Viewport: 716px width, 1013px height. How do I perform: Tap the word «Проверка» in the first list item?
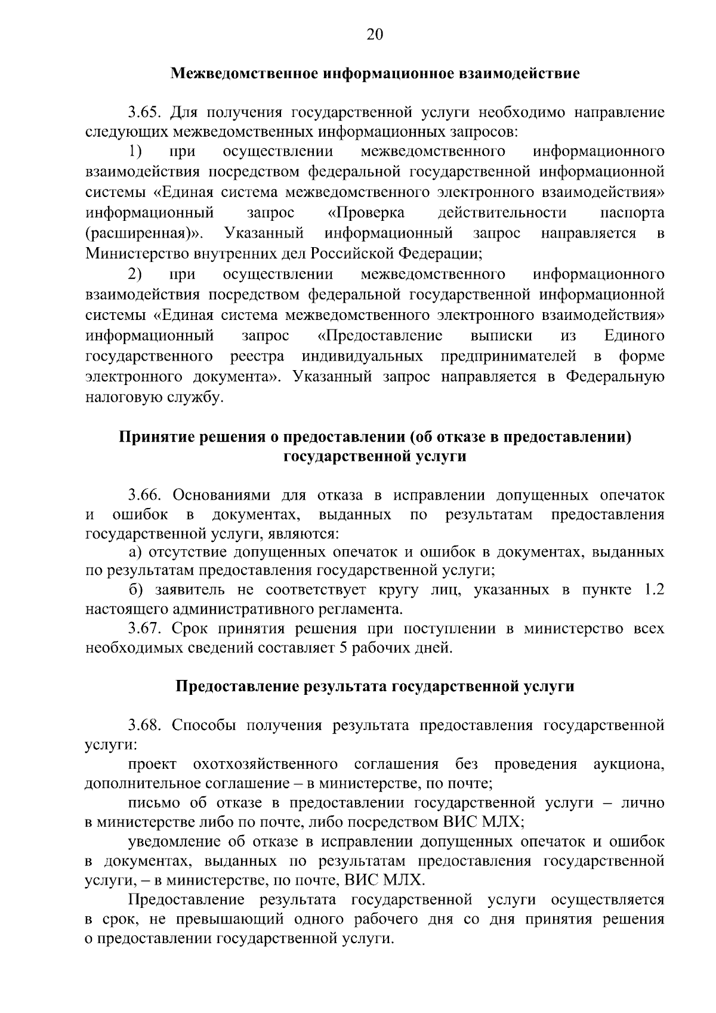pyautogui.click(x=366, y=213)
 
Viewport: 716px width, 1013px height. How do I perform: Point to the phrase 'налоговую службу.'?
pyautogui.click(x=155, y=398)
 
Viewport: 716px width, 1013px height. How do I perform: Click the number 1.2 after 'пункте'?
pyautogui.click(x=653, y=590)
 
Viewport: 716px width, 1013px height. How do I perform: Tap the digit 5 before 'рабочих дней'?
pyautogui.click(x=343, y=648)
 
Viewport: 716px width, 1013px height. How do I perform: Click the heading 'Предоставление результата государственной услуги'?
pyautogui.click(x=375, y=686)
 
